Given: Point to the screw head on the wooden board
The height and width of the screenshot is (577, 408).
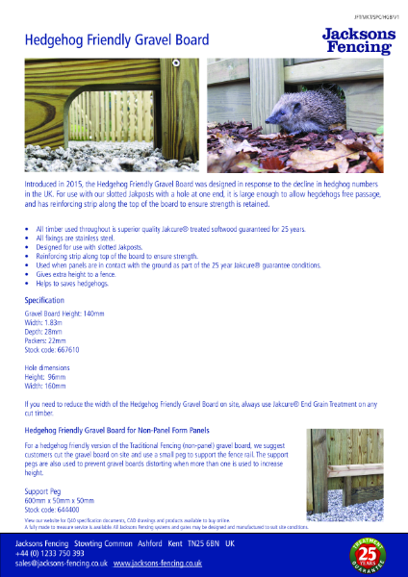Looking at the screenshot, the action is [x=177, y=63].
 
